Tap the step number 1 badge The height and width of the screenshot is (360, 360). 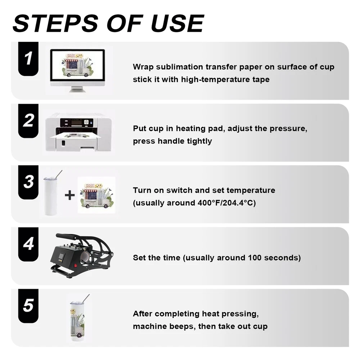pos(28,59)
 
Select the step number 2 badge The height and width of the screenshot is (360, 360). pos(28,121)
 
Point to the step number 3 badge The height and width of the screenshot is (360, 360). pos(28,182)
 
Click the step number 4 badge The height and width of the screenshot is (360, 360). pos(28,244)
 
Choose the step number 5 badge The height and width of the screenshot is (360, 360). pos(28,306)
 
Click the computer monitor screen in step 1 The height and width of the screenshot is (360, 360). pos(78,66)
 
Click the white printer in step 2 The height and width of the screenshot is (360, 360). pos(78,132)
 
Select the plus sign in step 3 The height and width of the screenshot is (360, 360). pos(69,195)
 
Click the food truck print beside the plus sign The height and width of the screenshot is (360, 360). pos(96,195)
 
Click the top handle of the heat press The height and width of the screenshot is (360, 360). pos(68,236)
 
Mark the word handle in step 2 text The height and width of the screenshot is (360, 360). pos(171,141)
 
